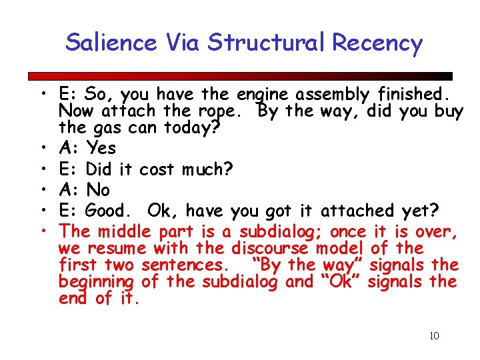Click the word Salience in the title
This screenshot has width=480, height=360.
pyautogui.click(x=111, y=43)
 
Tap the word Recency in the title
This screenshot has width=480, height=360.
pyautogui.click(x=377, y=43)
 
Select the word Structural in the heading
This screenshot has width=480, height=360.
pyautogui.click(x=269, y=43)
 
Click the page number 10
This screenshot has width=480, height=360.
pyautogui.click(x=434, y=335)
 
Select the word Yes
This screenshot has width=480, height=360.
pyautogui.click(x=101, y=147)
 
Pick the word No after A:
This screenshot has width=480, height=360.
pyautogui.click(x=99, y=189)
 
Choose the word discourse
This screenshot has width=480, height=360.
pyautogui.click(x=271, y=249)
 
